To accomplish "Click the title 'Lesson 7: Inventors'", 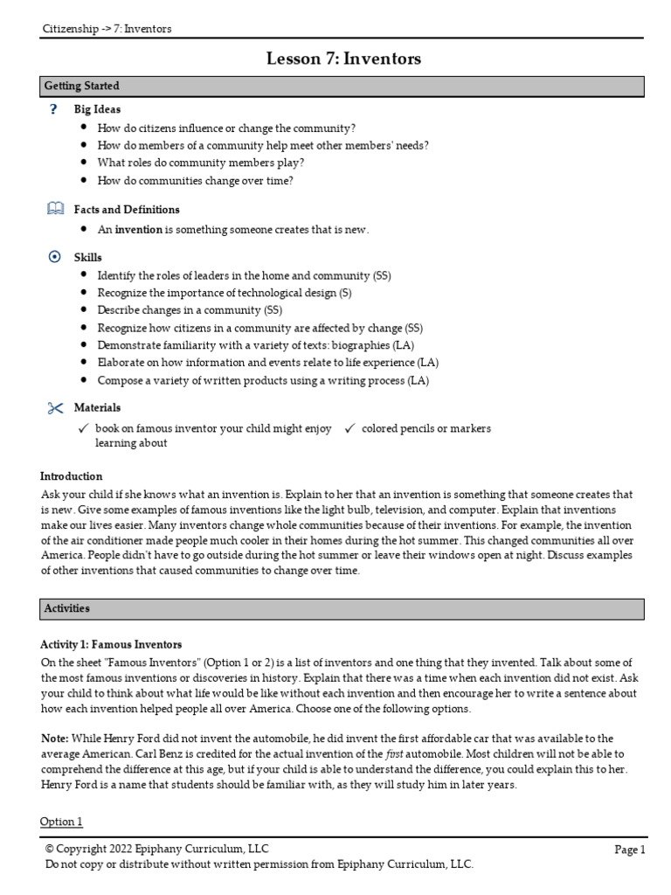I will [343, 59].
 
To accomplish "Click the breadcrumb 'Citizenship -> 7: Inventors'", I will [107, 29].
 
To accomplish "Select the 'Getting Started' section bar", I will [342, 86].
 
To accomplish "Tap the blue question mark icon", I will [54, 109].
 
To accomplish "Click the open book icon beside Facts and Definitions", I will [54, 209].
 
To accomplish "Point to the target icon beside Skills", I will [54, 257].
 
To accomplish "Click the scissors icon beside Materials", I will [55, 407].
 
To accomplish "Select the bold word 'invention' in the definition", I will [139, 230].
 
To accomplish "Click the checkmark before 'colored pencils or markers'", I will [349, 428].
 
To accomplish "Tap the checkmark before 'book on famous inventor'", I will [84, 428].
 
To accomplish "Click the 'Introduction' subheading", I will [72, 476].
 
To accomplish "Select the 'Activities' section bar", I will [342, 608].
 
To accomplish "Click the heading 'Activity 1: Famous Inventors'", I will [111, 645].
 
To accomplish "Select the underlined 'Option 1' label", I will [61, 822].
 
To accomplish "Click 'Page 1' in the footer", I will [629, 850].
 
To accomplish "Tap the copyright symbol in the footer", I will [50, 849].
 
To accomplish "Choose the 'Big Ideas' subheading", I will [97, 109].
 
